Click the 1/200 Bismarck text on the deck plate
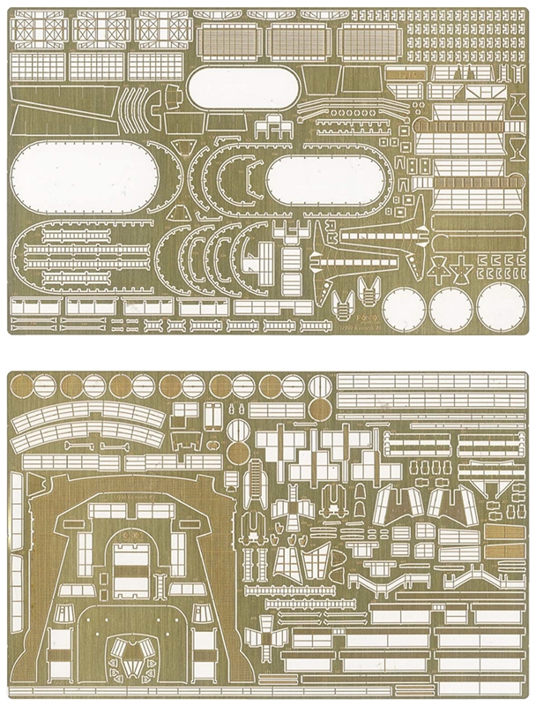click(x=132, y=497)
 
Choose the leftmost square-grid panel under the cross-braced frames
click(x=35, y=64)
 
